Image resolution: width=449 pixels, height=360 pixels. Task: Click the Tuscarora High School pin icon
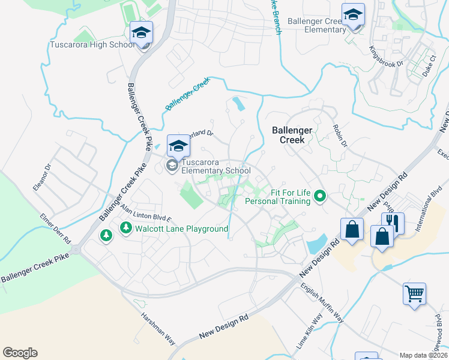(142, 33)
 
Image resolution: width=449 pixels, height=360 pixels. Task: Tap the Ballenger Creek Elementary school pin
(353, 15)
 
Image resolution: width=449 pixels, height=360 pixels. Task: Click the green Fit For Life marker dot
(320, 195)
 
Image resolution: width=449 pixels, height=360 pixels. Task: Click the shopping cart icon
(414, 294)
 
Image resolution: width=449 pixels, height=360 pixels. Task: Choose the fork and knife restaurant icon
(393, 223)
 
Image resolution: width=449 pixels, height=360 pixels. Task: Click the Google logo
(20, 353)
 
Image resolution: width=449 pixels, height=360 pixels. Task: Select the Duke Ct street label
(429, 66)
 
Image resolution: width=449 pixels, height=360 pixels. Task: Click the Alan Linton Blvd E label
(145, 212)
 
